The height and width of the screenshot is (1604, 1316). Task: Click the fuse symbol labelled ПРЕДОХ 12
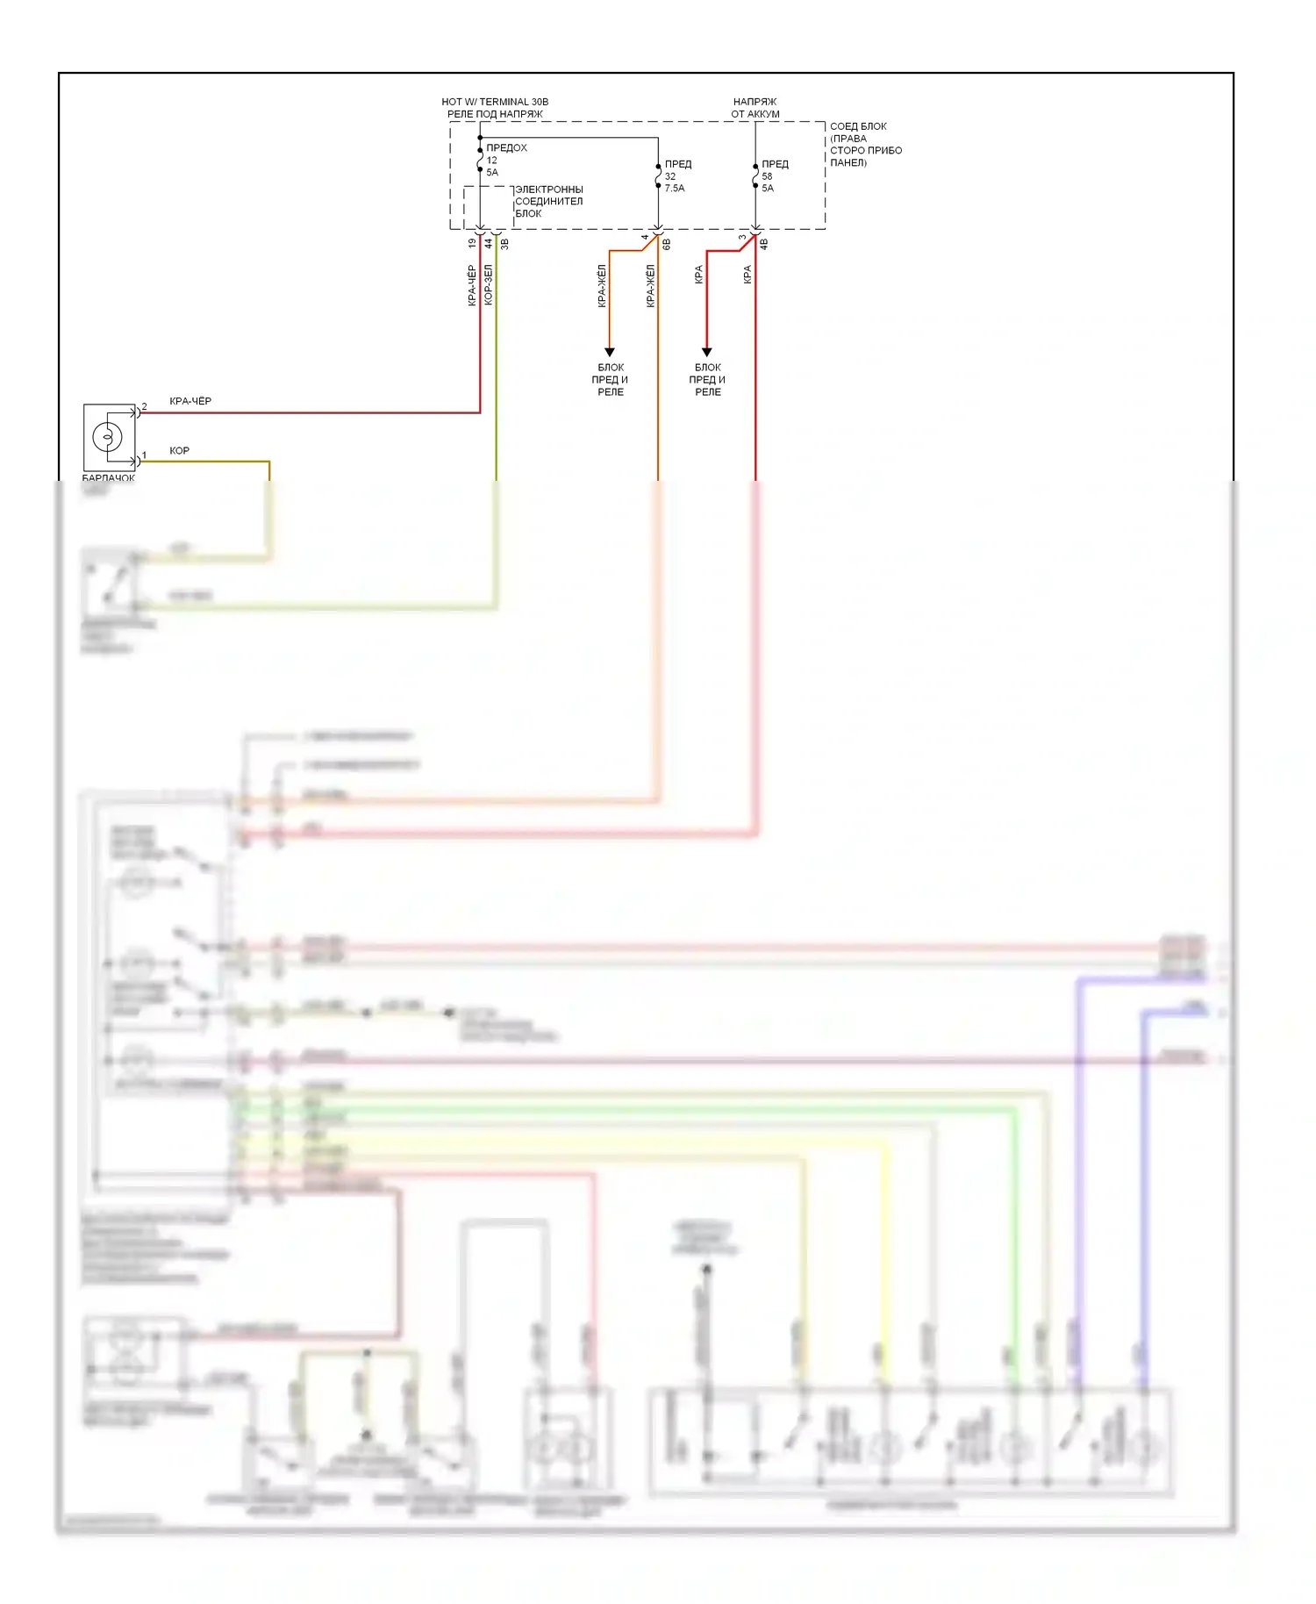pos(480,161)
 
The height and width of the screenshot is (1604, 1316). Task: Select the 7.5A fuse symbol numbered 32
pos(658,175)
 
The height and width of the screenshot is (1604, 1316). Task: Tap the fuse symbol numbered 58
pos(755,175)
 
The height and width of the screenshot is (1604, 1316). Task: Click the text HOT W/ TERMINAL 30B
pos(495,102)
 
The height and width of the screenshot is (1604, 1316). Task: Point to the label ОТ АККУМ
pos(755,114)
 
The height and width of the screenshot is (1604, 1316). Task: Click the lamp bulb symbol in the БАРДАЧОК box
pos(108,436)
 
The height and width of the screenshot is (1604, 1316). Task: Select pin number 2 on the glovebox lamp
pos(145,406)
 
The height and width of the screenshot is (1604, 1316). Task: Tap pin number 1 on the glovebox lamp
pos(145,455)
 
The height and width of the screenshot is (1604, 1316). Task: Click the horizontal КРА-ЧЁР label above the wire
pos(190,401)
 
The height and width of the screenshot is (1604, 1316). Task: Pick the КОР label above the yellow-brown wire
pos(179,450)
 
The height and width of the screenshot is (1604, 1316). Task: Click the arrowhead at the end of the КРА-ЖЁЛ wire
pos(610,352)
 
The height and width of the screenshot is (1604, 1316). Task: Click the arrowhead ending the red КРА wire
pos(707,352)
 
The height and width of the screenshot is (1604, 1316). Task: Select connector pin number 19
pos(472,243)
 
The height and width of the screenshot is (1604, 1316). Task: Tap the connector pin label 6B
pos(667,244)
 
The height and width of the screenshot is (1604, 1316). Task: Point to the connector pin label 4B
pos(764,244)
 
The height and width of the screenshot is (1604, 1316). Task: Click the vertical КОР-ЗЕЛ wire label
pos(489,285)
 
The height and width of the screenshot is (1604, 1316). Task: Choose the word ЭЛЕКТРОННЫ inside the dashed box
pos(549,190)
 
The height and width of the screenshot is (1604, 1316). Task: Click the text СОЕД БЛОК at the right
pos(858,126)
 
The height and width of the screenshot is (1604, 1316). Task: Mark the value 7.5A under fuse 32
pos(675,188)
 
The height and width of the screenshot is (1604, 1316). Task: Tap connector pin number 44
pos(489,243)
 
